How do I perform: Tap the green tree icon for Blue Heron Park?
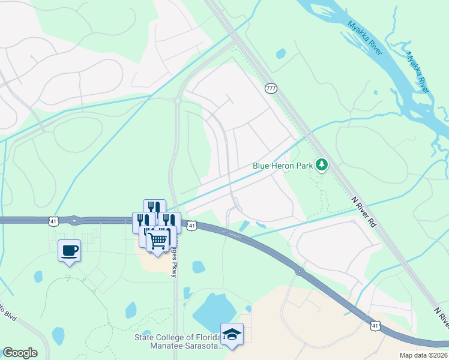(x=322, y=164)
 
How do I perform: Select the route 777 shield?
(x=271, y=88)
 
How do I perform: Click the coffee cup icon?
(x=69, y=250)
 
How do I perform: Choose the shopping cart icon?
(x=158, y=241)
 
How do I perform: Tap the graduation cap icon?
(x=232, y=334)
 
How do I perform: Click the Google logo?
(x=20, y=353)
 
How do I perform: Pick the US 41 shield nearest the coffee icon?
(x=54, y=222)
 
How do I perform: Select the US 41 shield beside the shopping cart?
(x=191, y=226)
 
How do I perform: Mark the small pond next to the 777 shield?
(x=280, y=53)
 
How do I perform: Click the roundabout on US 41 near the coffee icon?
(x=74, y=220)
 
